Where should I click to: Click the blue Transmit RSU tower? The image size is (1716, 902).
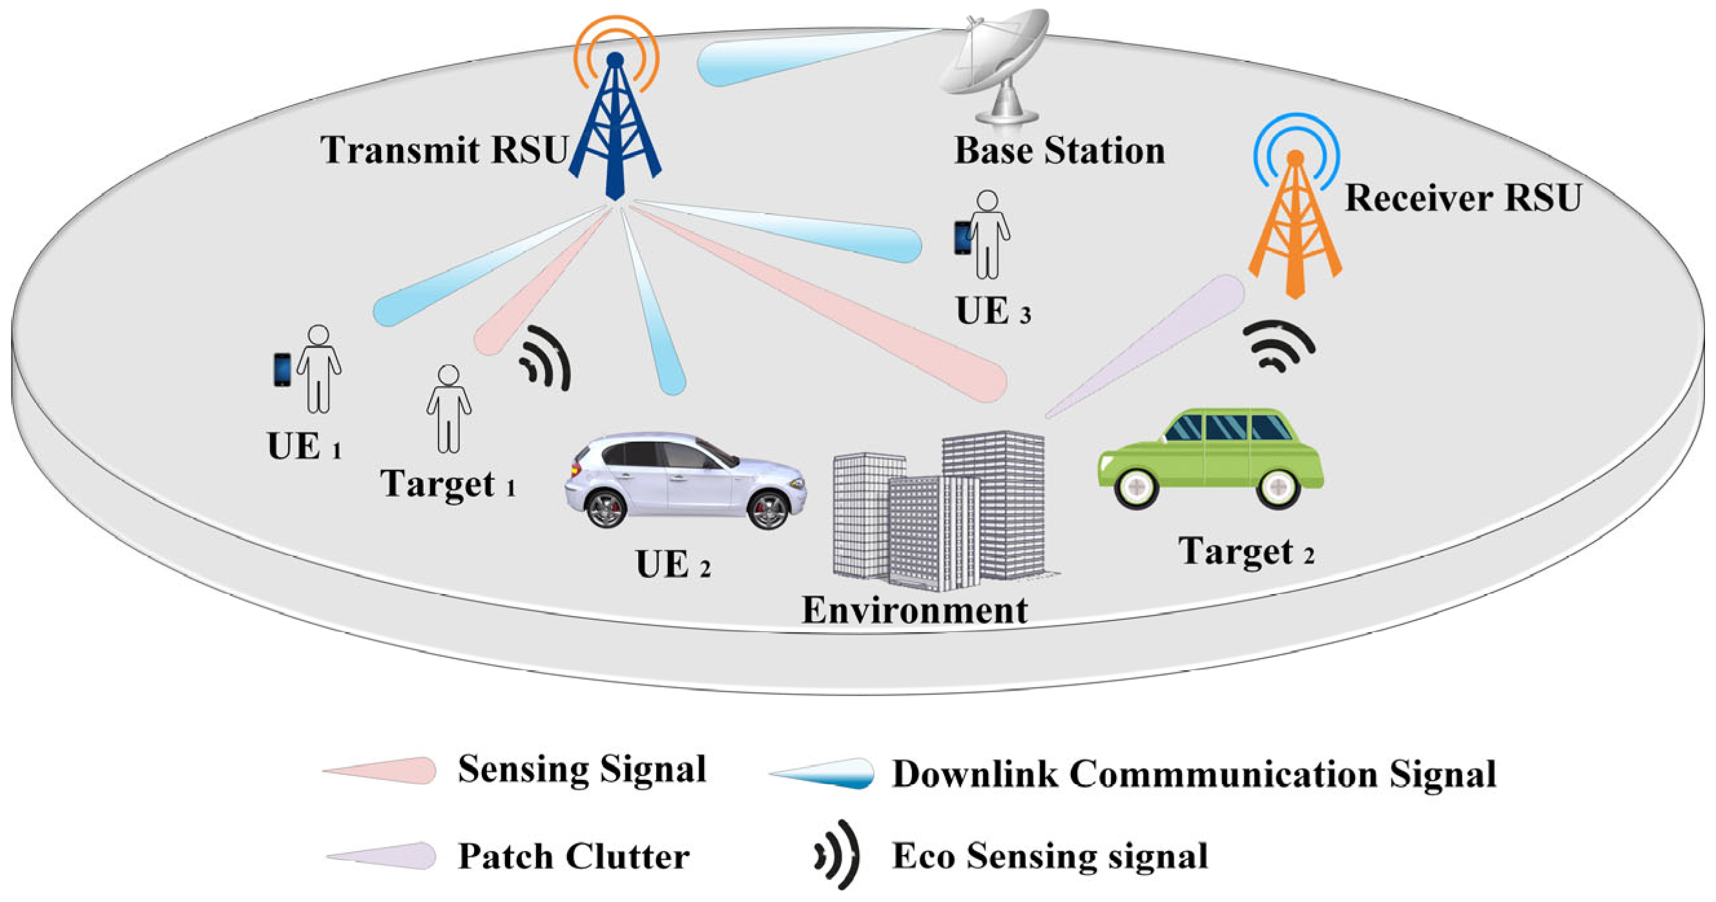pyautogui.click(x=615, y=127)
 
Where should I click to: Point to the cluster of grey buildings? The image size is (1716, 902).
pyautogui.click(x=939, y=509)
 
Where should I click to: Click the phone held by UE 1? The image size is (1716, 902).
pyautogui.click(x=282, y=370)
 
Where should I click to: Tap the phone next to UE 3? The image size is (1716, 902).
pyautogui.click(x=962, y=238)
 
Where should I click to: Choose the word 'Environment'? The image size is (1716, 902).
pyautogui.click(x=915, y=610)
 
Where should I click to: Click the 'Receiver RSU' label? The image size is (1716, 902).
pyautogui.click(x=1463, y=198)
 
